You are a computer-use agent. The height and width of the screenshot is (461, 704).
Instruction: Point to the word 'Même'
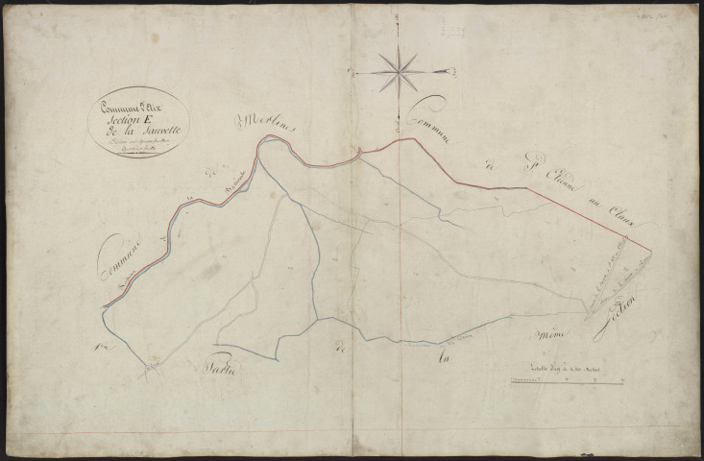point(551,333)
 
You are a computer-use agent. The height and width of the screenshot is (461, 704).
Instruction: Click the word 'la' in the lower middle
point(444,360)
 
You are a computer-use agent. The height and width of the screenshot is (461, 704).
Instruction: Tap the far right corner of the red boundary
point(651,255)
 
